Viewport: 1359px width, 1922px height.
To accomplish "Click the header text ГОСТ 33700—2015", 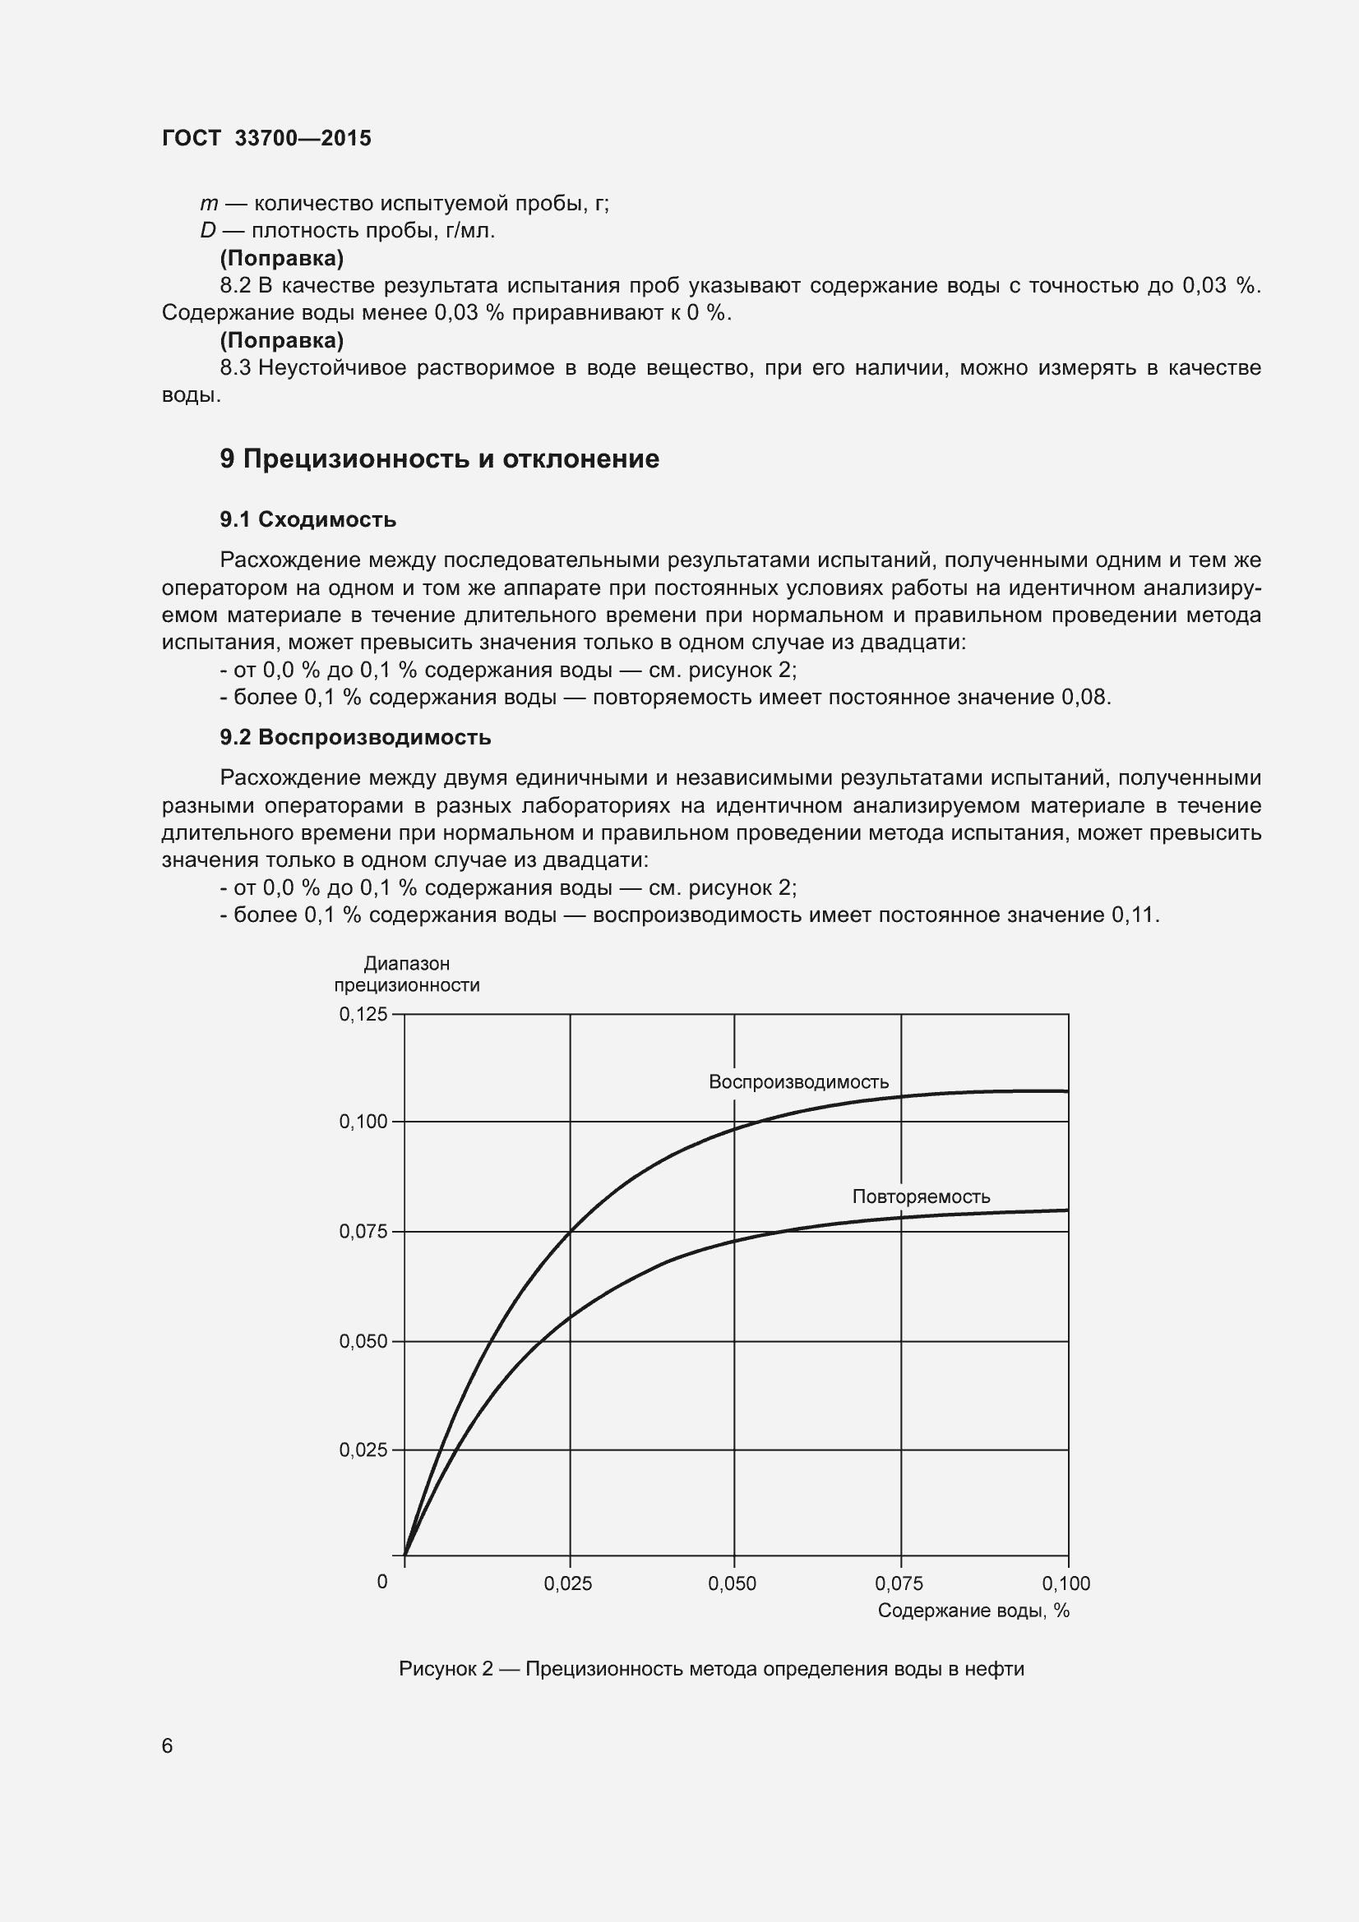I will click(x=266, y=138).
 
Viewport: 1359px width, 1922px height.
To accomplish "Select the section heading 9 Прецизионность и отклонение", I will click(x=439, y=459).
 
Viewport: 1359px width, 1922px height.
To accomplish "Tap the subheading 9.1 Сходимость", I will click(x=307, y=520).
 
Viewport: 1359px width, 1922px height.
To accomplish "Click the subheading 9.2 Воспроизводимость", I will click(x=355, y=737).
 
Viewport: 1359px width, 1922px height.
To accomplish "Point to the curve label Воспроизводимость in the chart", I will click(x=798, y=1081).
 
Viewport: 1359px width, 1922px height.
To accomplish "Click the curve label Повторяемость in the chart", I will click(x=920, y=1196).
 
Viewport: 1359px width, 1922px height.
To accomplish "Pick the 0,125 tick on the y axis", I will click(x=363, y=1015).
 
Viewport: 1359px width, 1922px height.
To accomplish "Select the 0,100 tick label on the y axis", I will click(x=363, y=1122).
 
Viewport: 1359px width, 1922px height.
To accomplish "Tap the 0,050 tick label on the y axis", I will click(x=363, y=1342).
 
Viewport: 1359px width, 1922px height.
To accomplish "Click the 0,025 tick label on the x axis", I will click(x=568, y=1583).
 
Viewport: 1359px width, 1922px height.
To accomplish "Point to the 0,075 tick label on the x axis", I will click(x=899, y=1583).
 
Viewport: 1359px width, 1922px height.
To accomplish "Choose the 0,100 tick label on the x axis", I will click(x=1065, y=1583).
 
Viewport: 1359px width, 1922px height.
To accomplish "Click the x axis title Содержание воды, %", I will click(x=973, y=1611).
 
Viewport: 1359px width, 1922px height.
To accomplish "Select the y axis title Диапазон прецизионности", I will click(x=407, y=975).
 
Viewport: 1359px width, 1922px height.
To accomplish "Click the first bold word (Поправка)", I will click(x=281, y=258).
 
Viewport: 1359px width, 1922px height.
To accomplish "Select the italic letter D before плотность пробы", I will click(x=208, y=231).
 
